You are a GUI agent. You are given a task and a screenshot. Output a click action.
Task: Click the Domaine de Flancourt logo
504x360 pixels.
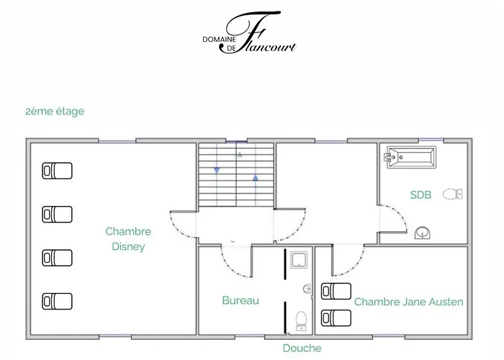pos(249,33)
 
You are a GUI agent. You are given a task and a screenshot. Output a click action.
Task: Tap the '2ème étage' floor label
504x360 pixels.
pos(55,111)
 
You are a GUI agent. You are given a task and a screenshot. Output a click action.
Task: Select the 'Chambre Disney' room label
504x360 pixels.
pos(128,239)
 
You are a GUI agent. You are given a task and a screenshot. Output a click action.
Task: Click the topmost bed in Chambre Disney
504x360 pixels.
pos(57,171)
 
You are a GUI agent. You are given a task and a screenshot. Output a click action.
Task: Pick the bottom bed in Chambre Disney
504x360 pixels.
pos(57,301)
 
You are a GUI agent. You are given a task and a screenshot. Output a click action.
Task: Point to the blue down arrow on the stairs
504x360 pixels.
pos(217,170)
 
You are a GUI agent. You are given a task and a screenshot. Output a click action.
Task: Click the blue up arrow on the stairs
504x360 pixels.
pos(256,177)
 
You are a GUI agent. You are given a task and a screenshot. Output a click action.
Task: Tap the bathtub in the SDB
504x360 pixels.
pos(410,157)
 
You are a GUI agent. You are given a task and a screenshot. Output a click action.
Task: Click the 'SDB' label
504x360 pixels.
pos(420,195)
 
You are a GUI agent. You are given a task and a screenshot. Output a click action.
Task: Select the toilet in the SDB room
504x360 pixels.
pos(453,194)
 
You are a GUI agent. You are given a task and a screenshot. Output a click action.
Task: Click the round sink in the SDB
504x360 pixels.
pos(423,233)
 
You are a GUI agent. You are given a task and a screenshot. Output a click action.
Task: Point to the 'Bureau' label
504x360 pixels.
pos(240,300)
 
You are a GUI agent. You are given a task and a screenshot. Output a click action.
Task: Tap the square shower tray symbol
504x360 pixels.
pos(299,260)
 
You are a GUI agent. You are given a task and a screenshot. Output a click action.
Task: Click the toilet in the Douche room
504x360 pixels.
pos(301,321)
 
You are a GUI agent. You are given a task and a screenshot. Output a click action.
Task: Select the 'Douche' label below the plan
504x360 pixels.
pos(302,348)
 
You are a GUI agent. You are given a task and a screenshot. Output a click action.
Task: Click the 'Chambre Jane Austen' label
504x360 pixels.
pos(408,302)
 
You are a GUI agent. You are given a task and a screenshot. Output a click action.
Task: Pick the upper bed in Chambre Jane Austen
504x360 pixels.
pos(336,291)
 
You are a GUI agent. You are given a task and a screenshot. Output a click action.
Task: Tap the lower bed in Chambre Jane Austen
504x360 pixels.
pos(336,318)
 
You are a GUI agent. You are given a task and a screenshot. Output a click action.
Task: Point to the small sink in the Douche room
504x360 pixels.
pos(307,289)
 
